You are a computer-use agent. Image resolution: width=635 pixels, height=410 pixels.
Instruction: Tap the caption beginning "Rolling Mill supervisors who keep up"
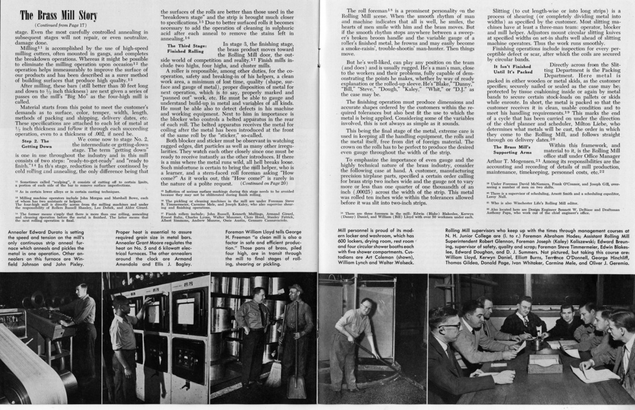[x=537, y=246]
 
